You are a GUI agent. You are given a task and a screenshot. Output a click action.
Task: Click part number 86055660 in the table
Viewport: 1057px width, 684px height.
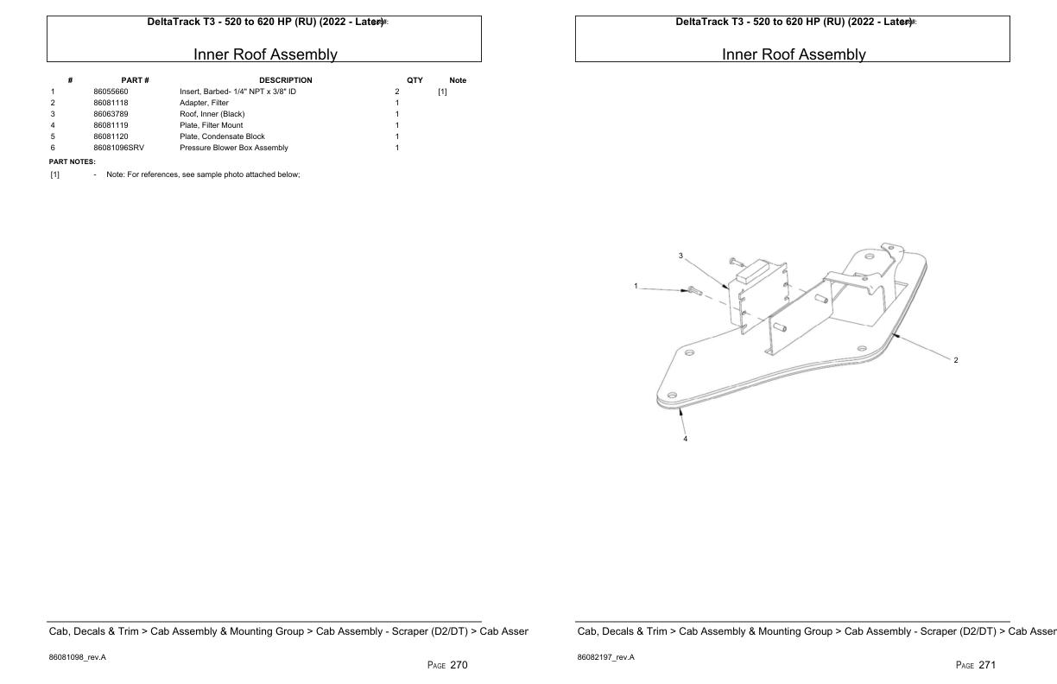pos(111,92)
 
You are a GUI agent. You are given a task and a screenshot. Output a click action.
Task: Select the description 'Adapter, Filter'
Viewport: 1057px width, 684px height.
pos(204,103)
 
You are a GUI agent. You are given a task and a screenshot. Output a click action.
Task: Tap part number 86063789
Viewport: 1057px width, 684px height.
pos(111,114)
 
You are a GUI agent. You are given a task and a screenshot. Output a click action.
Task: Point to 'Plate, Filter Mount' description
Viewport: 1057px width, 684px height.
pos(212,125)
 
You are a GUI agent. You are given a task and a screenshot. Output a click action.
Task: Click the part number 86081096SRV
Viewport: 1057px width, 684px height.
pos(119,148)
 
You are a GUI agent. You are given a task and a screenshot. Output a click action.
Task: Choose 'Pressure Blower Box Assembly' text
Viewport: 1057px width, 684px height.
pos(234,148)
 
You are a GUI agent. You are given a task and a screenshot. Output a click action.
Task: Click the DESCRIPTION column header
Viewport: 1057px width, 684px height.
pos(286,80)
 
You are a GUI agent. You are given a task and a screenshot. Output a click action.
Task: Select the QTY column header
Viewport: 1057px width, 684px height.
pos(415,80)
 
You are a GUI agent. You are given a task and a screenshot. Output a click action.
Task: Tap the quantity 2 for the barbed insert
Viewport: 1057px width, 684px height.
pos(397,92)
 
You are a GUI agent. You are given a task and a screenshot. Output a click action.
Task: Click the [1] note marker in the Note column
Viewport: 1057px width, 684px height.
pos(442,92)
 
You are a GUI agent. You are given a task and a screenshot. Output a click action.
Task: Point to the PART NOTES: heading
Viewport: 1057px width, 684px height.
pos(73,161)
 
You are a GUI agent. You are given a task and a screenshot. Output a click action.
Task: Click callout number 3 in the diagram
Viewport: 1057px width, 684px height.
pos(680,256)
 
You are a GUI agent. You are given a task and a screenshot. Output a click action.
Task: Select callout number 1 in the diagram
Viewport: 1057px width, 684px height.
pos(636,286)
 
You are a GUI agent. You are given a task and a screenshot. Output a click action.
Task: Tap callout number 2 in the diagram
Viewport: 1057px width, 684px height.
pos(956,360)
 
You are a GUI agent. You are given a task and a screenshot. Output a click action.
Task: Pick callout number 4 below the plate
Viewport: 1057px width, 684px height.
pos(686,439)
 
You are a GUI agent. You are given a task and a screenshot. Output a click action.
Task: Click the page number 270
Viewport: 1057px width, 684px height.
pos(459,665)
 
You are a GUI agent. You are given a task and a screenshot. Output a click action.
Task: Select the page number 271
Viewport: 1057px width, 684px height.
pos(987,665)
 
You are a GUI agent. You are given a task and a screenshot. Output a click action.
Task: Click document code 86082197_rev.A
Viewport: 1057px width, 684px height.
pos(606,657)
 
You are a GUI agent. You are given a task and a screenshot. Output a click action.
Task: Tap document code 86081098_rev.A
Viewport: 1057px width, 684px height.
pos(78,657)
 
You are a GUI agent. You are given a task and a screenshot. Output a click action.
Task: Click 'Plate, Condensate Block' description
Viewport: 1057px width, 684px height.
pos(222,136)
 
